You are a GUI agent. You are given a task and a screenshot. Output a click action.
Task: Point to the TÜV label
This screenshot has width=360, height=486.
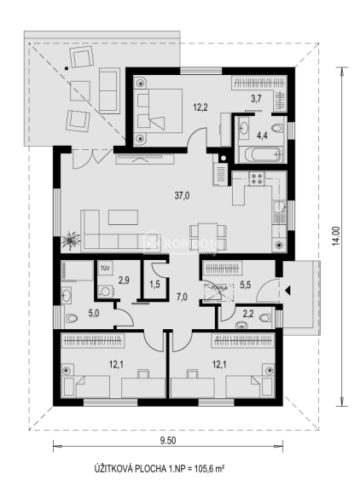coord(105,268)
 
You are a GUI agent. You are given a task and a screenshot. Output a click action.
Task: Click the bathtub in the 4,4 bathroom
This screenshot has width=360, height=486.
coord(258,156)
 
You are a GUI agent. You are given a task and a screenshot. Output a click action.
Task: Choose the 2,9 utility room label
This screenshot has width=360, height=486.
coord(123,280)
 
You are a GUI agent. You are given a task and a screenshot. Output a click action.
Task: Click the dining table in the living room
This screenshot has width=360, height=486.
coord(208,231)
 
